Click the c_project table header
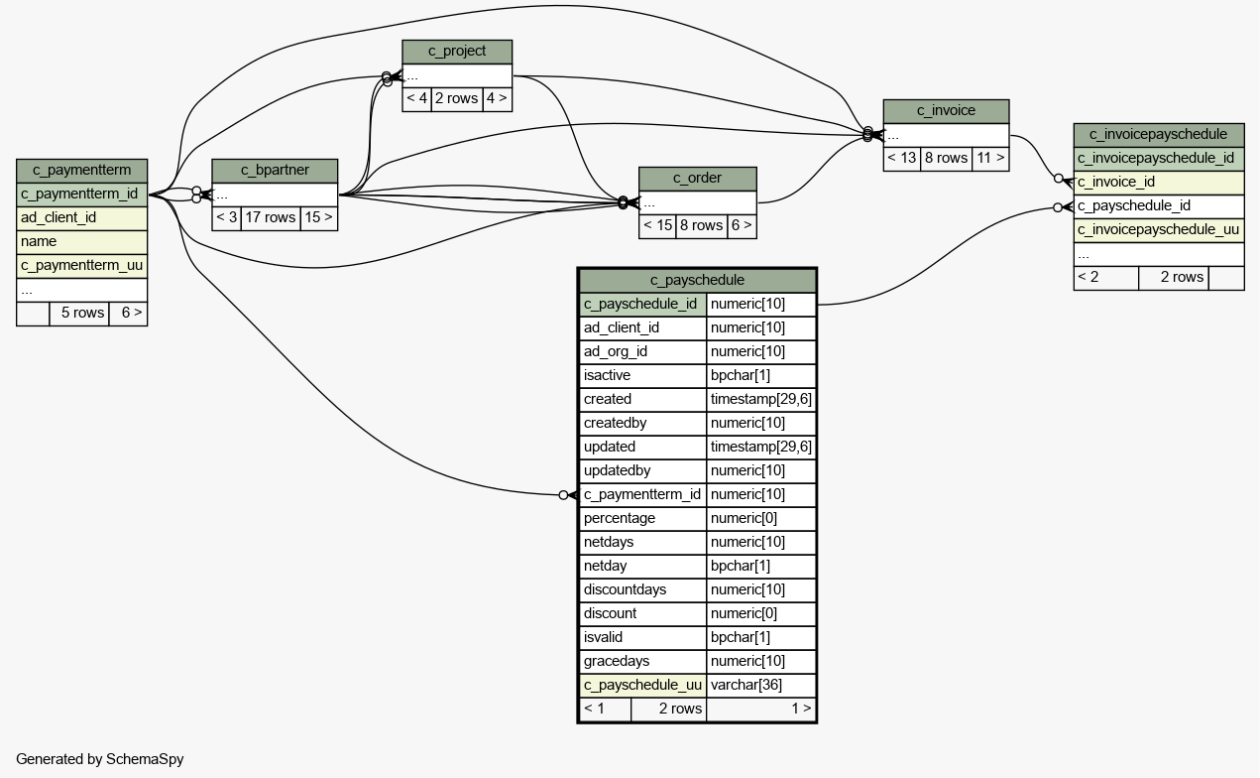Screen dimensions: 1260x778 pos(457,52)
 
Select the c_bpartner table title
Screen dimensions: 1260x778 pos(275,170)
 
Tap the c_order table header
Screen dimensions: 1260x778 pos(698,178)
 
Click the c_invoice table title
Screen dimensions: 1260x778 pos(946,110)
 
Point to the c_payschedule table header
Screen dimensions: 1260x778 pos(697,280)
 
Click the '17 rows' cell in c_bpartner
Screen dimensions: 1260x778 pos(271,218)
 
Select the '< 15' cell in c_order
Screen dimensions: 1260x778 pos(657,225)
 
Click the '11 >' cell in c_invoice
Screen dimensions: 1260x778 pos(990,158)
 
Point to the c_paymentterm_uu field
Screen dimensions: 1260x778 pos(82,265)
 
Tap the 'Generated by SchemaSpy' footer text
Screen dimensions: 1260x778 pos(100,759)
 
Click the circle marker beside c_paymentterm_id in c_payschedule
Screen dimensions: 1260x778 pos(563,495)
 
